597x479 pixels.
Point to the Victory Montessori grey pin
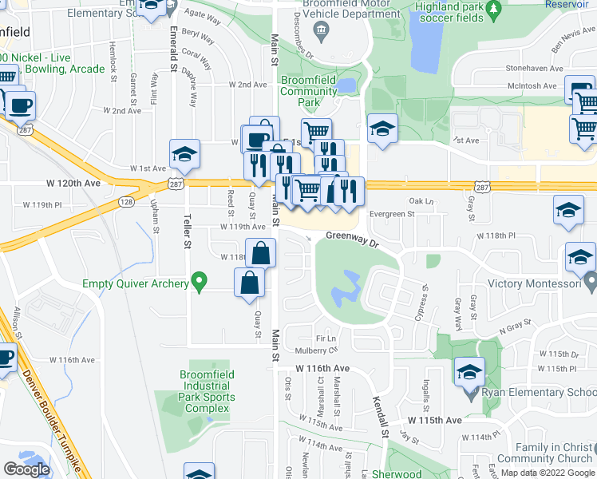(590, 283)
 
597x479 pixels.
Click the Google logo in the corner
(26, 469)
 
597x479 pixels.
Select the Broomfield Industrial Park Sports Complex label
(207, 397)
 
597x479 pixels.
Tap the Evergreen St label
(392, 214)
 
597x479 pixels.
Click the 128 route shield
(126, 203)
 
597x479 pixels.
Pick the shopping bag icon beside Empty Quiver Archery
(250, 283)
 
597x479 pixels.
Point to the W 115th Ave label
(435, 420)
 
